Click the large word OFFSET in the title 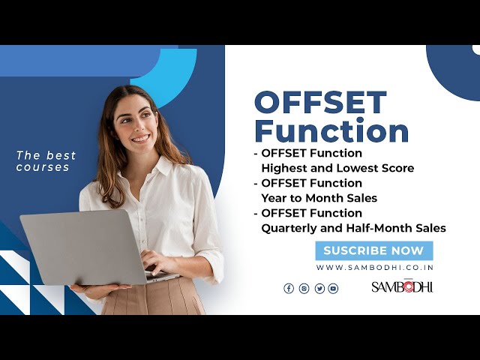click(320, 103)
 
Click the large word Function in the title click(331, 130)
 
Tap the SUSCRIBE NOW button click(373, 250)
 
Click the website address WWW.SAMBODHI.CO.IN click(374, 268)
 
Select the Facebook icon click(289, 288)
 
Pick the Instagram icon click(304, 288)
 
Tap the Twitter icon click(319, 288)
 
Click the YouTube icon click(333, 288)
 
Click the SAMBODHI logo click(402, 286)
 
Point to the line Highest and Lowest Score click(337, 168)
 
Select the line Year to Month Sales click(319, 198)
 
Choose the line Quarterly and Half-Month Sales click(353, 228)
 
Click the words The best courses click(46, 161)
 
